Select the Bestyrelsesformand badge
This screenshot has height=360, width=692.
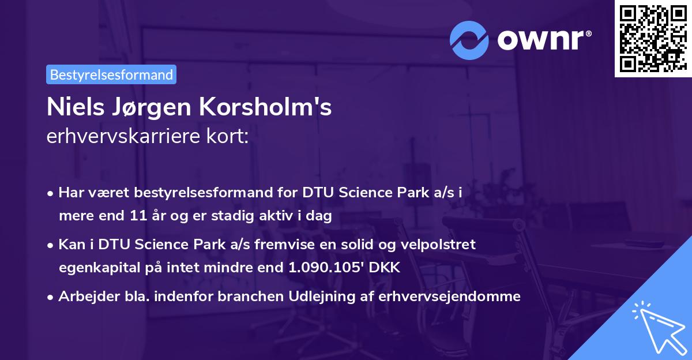(x=111, y=74)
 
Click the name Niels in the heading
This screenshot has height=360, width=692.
(x=73, y=108)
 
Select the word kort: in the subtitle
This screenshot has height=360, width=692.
(x=229, y=138)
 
